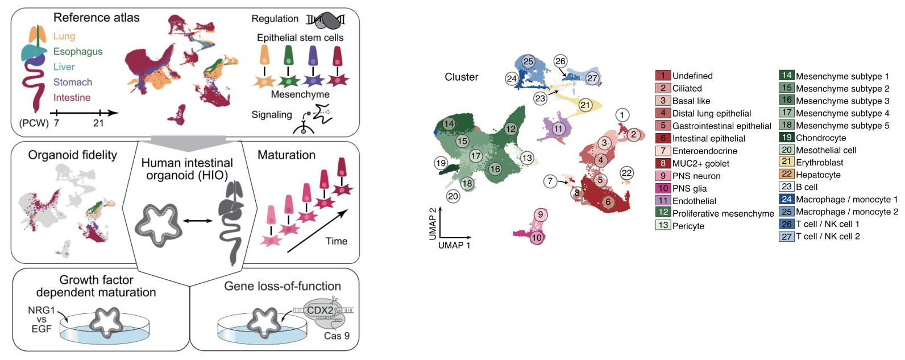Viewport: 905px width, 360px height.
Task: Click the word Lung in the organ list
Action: click(x=64, y=36)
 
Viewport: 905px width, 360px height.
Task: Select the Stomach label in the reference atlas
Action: click(x=73, y=82)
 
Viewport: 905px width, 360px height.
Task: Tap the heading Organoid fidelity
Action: click(x=72, y=155)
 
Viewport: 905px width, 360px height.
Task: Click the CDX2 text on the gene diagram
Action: click(x=320, y=310)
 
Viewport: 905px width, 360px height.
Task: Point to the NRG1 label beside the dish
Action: click(x=41, y=311)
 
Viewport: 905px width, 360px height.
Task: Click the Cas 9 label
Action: click(x=337, y=336)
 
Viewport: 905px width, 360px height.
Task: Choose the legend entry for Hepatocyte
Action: click(x=818, y=175)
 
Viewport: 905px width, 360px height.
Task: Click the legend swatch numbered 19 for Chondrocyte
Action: click(x=786, y=137)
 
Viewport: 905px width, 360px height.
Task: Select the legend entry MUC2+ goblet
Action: click(x=700, y=163)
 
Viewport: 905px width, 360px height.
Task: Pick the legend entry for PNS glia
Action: click(x=690, y=188)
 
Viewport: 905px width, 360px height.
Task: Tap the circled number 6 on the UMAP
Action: click(x=608, y=202)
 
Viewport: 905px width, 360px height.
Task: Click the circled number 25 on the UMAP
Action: click(x=528, y=61)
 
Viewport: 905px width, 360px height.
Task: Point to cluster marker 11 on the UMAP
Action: click(x=558, y=129)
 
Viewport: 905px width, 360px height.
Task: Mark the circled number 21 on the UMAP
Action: click(x=585, y=105)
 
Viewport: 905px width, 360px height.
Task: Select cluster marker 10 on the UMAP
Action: click(x=537, y=238)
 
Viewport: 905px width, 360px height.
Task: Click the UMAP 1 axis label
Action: click(x=454, y=245)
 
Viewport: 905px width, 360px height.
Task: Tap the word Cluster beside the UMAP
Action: click(x=461, y=77)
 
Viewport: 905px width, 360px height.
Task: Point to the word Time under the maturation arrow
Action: click(x=337, y=241)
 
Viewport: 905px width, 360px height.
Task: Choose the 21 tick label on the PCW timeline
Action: click(x=99, y=123)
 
